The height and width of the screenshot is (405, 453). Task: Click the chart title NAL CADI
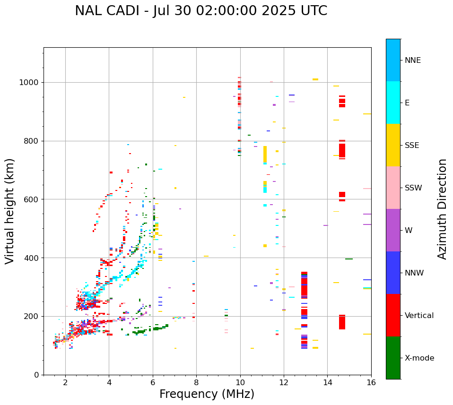tap(200, 11)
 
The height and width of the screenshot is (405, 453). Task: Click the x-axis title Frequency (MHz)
tap(207, 394)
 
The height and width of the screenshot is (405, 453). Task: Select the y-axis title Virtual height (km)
tap(10, 211)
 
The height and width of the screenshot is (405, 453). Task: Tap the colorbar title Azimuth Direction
tap(442, 209)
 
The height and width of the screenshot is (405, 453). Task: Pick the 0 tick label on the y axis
tap(36, 375)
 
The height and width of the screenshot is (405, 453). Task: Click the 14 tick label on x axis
tap(327, 382)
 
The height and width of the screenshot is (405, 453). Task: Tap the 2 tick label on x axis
tap(65, 382)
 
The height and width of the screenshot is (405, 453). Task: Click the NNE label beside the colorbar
tap(413, 60)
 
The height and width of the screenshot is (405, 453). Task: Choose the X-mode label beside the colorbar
tap(419, 358)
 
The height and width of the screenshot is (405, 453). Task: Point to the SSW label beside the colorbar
tap(413, 188)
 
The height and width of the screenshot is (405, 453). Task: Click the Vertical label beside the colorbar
tap(419, 316)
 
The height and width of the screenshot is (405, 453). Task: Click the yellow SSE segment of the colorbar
tap(393, 145)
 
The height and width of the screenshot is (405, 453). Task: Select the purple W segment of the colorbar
tap(393, 230)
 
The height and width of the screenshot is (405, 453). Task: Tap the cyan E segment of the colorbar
tap(393, 103)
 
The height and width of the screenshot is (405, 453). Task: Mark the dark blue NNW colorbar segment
tap(393, 273)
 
